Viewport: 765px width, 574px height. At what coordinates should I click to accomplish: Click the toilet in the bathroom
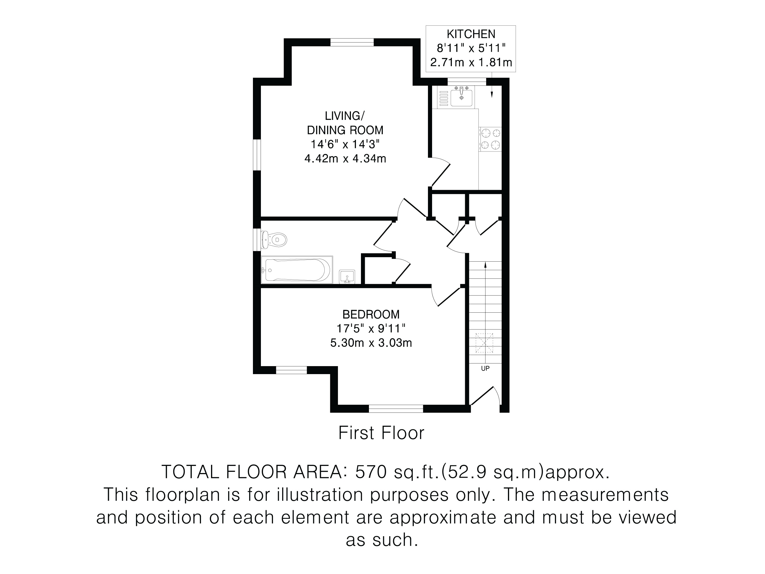(x=274, y=239)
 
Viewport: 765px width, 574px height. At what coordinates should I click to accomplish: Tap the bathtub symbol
(x=297, y=270)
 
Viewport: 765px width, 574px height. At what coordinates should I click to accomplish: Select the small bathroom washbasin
(x=347, y=276)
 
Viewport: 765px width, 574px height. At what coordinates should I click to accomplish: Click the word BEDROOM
(x=371, y=314)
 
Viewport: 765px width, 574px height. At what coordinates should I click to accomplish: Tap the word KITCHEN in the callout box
(x=471, y=34)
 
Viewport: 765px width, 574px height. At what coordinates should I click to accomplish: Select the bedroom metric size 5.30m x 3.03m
(x=371, y=343)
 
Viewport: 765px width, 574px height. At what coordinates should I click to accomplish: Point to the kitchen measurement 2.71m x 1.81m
(x=471, y=63)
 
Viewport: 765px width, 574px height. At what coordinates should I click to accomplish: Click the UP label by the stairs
(x=485, y=368)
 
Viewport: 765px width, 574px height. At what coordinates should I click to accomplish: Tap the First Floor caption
(x=381, y=433)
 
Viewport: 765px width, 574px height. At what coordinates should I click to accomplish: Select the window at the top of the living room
(x=352, y=42)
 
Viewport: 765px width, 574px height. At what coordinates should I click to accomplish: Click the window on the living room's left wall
(x=256, y=155)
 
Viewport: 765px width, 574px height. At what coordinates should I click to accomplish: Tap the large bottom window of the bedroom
(x=396, y=409)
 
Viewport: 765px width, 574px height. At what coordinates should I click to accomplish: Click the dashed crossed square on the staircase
(x=484, y=343)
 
